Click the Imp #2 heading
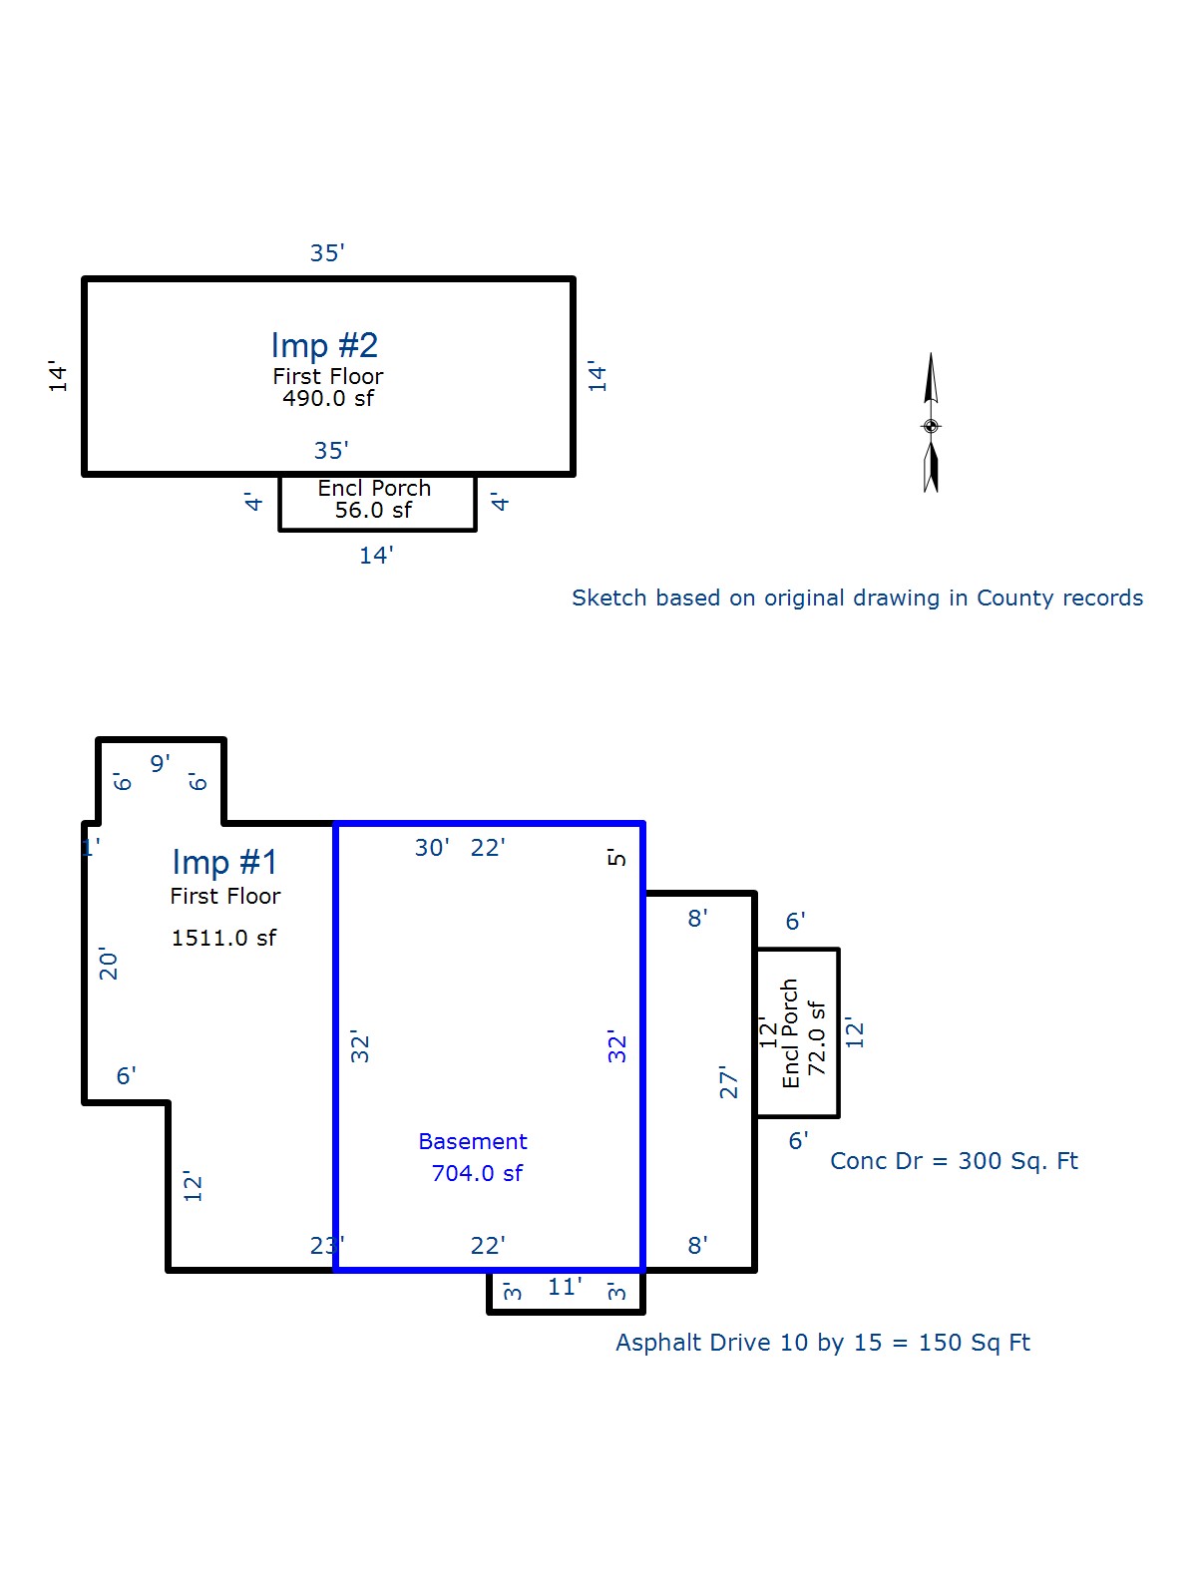(x=324, y=346)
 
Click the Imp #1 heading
(x=224, y=863)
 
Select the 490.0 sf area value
(x=327, y=399)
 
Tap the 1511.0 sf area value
(x=223, y=939)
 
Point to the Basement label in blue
(x=472, y=1142)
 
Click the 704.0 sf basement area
(x=477, y=1174)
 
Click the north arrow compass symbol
(x=931, y=424)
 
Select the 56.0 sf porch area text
(x=373, y=511)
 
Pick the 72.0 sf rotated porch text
(x=817, y=1037)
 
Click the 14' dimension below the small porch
(x=376, y=556)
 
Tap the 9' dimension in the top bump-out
(x=160, y=764)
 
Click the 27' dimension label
(x=729, y=1082)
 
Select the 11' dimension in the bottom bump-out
(x=565, y=1288)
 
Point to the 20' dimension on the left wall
(x=109, y=965)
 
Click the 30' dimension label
(x=432, y=848)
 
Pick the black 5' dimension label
(x=617, y=857)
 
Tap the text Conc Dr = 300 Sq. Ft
(x=954, y=1161)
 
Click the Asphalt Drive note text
(x=822, y=1343)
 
